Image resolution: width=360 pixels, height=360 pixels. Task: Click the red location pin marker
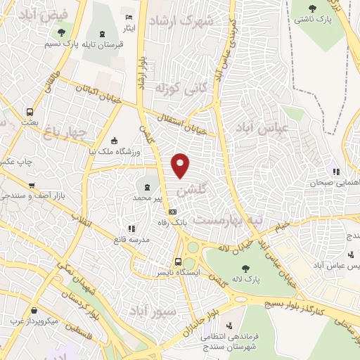point(181,164)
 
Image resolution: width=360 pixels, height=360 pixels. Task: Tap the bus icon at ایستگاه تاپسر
point(177,262)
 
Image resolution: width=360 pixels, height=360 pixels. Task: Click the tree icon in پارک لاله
point(245,268)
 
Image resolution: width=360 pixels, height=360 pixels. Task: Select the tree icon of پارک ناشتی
point(314,8)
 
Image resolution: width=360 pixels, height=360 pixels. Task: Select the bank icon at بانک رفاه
point(172,212)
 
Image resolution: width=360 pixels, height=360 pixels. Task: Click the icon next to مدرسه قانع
point(131,229)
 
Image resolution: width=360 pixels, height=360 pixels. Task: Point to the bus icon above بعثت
point(30,112)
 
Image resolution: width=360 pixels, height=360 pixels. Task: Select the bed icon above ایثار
point(128,17)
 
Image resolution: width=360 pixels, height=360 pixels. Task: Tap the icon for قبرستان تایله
point(103,34)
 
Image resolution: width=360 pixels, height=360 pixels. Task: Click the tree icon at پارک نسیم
point(62,32)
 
